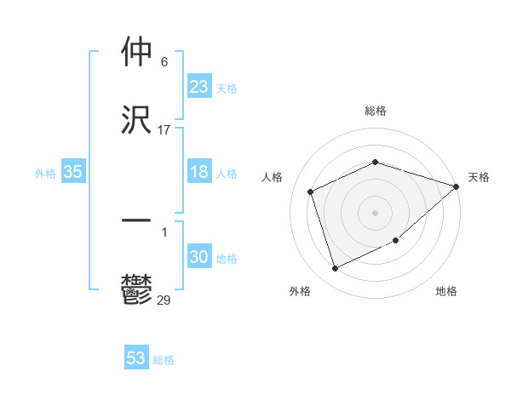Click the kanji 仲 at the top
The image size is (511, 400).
pyautogui.click(x=136, y=54)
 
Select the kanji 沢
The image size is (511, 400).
pyautogui.click(x=136, y=121)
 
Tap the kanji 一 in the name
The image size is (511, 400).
pyautogui.click(x=136, y=220)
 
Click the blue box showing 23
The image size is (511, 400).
pyautogui.click(x=199, y=87)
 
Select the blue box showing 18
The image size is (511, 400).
pyautogui.click(x=199, y=172)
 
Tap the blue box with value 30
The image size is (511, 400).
pyautogui.click(x=199, y=257)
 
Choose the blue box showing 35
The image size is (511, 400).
pyautogui.click(x=73, y=172)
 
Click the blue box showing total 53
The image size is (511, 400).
pyautogui.click(x=136, y=358)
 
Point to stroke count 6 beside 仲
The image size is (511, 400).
pyautogui.click(x=164, y=62)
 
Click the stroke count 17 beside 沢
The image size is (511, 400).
pyautogui.click(x=164, y=130)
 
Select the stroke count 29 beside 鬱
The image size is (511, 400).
pyautogui.click(x=164, y=300)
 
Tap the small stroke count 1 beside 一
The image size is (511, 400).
pyautogui.click(x=164, y=231)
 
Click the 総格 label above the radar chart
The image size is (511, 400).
pyautogui.click(x=376, y=111)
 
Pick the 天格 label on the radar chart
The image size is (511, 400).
pyautogui.click(x=479, y=177)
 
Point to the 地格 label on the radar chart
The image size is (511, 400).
pyautogui.click(x=446, y=291)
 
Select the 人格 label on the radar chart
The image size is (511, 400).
pyautogui.click(x=273, y=177)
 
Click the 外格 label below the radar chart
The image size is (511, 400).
pyautogui.click(x=300, y=291)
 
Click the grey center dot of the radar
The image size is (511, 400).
pyautogui.click(x=376, y=212)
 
